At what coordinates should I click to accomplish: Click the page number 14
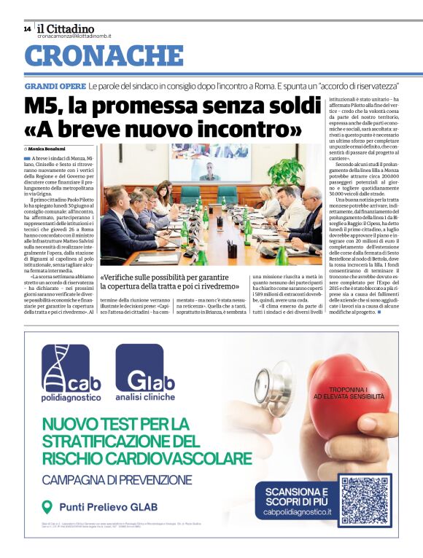[27, 29]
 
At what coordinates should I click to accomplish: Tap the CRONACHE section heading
[104, 56]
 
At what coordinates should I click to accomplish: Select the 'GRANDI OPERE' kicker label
[55, 86]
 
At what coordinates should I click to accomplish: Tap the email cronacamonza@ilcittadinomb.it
[74, 36]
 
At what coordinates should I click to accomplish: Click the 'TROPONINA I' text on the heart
[348, 390]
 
